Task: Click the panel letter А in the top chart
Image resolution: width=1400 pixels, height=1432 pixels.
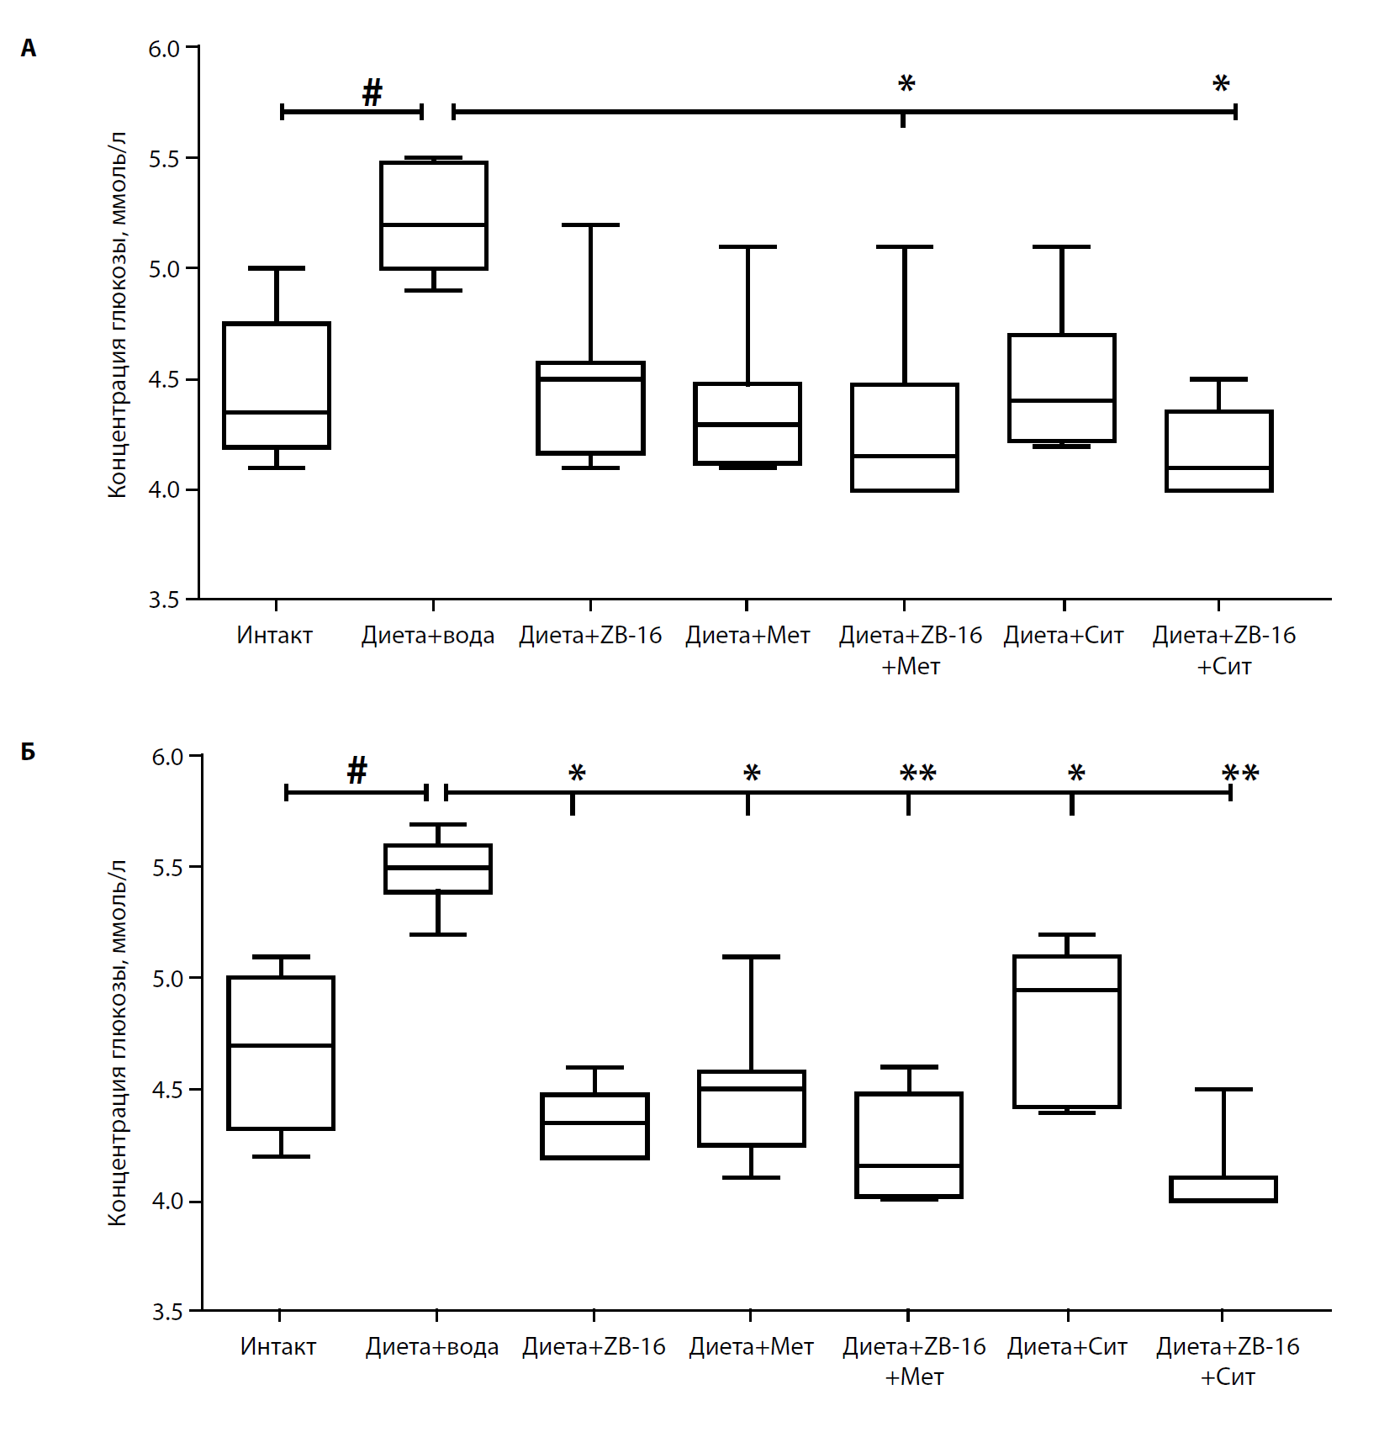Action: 29,49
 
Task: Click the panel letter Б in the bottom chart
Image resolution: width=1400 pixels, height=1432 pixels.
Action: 29,751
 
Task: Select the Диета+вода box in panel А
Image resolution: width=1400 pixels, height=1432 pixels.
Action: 433,215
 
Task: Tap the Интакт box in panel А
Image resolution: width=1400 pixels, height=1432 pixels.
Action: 277,385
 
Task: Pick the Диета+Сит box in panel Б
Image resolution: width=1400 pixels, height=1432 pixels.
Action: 1067,1032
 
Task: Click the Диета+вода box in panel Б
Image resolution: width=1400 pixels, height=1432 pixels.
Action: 438,869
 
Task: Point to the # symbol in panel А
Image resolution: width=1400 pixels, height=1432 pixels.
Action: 372,92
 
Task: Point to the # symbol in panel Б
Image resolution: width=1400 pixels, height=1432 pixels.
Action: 357,770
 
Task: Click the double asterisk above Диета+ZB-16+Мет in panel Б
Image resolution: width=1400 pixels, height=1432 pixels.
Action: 917,774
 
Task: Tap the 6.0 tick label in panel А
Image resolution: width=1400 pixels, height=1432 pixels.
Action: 164,49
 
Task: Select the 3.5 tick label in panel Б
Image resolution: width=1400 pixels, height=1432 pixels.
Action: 167,1312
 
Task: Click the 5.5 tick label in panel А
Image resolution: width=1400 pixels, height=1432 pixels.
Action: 164,159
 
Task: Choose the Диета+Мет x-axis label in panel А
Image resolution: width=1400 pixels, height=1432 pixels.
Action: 748,636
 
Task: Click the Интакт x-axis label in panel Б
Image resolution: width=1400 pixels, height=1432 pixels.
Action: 278,1346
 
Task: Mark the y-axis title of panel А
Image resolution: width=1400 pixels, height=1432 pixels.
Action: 118,314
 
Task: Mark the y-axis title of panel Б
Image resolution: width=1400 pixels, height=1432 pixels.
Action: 118,1043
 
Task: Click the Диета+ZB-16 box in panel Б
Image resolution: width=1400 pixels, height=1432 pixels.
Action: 595,1127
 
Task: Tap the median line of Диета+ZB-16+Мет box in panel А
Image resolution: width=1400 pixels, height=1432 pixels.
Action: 905,456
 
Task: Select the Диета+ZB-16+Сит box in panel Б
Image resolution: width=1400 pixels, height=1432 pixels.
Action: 1223,1189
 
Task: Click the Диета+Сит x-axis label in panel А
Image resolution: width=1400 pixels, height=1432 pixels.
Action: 1064,636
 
